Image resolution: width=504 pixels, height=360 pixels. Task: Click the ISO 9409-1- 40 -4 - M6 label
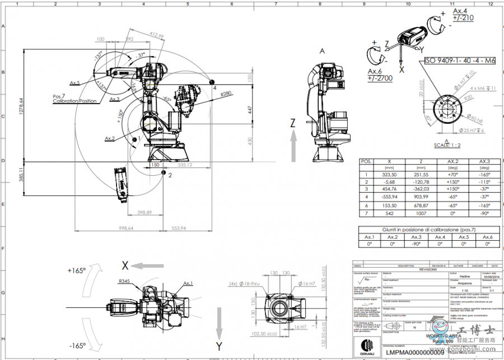pos(460,60)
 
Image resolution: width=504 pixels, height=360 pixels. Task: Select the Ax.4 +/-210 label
pos(463,14)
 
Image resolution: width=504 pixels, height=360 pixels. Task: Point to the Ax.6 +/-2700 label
pos(379,75)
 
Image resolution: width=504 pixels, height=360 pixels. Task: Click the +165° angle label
pos(76,270)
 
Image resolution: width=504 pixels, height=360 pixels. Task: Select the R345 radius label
pos(125,282)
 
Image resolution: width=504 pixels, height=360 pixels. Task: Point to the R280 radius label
pos(226,93)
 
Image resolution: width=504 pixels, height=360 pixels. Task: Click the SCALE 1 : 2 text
pos(447,145)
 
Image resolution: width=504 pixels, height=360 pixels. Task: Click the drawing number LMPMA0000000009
pos(415,353)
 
